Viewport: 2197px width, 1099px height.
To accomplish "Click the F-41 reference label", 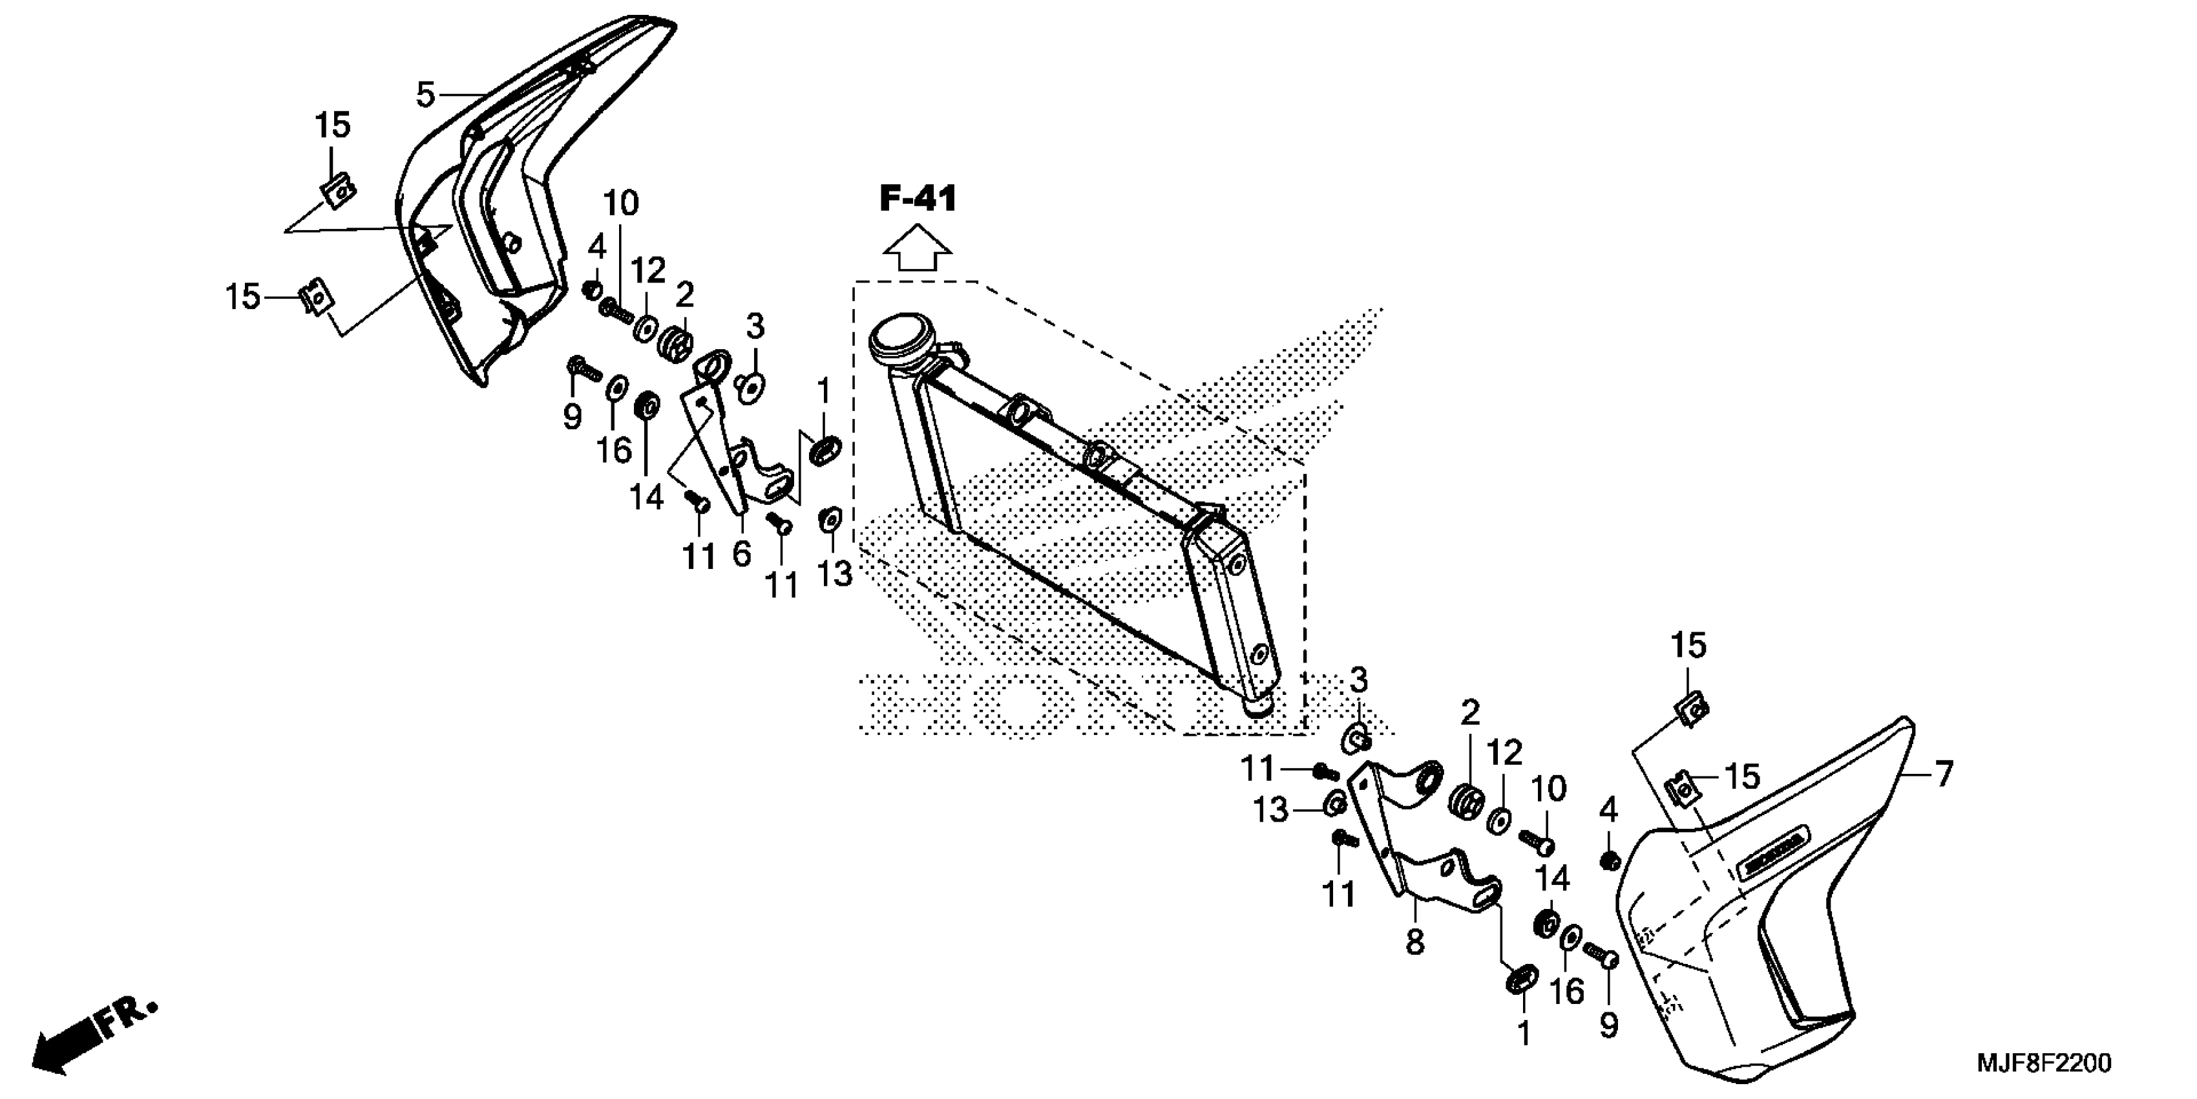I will (x=918, y=200).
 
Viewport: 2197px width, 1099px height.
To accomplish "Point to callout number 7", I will (x=1943, y=774).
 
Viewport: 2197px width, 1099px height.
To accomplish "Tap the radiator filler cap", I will (x=899, y=343).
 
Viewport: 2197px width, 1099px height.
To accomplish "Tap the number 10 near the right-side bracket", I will (x=1548, y=789).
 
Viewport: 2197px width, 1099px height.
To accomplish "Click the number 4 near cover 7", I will (x=1608, y=808).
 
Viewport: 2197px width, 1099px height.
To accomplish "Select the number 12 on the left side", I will (x=648, y=272).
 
